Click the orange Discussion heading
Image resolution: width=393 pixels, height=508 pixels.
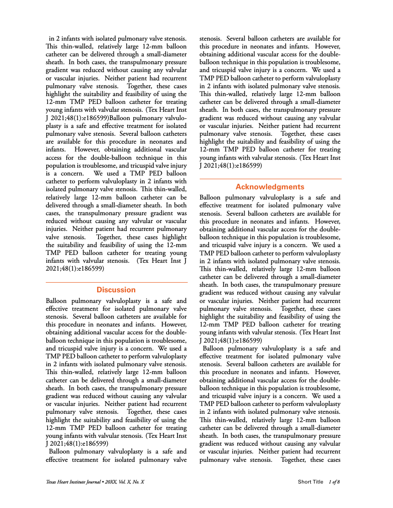(116, 290)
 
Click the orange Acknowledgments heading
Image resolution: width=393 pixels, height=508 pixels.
(270, 187)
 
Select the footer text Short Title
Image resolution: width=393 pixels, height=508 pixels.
(310, 482)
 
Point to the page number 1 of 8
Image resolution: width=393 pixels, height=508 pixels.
(334, 482)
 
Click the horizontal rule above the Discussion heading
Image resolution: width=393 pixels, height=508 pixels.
(117, 282)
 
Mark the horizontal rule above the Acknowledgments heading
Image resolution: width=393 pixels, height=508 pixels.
(270, 179)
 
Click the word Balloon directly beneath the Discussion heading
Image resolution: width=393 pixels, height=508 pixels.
(58, 301)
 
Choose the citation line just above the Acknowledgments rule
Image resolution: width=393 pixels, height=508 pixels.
(231, 165)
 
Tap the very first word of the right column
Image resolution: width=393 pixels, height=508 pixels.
(210, 39)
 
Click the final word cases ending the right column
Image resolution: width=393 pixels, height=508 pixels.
(332, 460)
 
